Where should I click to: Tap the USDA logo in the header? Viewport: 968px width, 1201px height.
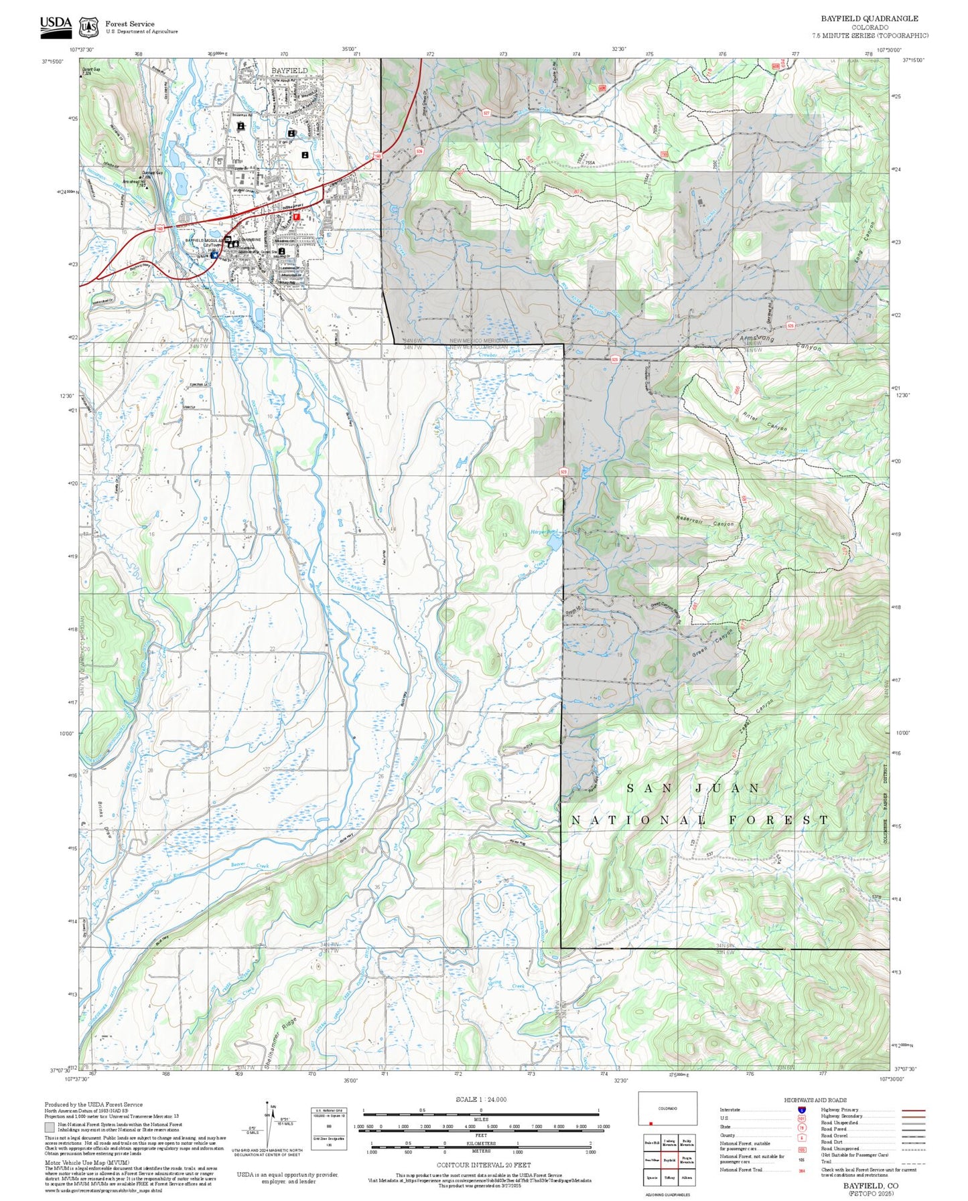[x=56, y=24]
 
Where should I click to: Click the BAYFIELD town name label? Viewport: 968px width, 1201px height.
[x=289, y=70]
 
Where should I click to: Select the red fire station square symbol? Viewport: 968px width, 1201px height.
[x=296, y=217]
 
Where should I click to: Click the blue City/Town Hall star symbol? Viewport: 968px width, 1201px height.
[x=214, y=254]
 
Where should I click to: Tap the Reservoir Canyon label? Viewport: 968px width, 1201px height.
[x=705, y=521]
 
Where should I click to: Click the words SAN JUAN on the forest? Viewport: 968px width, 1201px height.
[x=693, y=789]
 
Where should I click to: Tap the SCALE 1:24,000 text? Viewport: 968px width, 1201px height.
[x=480, y=1099]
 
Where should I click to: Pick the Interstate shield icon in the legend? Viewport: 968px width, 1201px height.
[x=802, y=1110]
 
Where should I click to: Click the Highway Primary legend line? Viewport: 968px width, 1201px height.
[x=913, y=1110]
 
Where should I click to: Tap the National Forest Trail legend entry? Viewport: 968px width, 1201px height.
[x=741, y=1170]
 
